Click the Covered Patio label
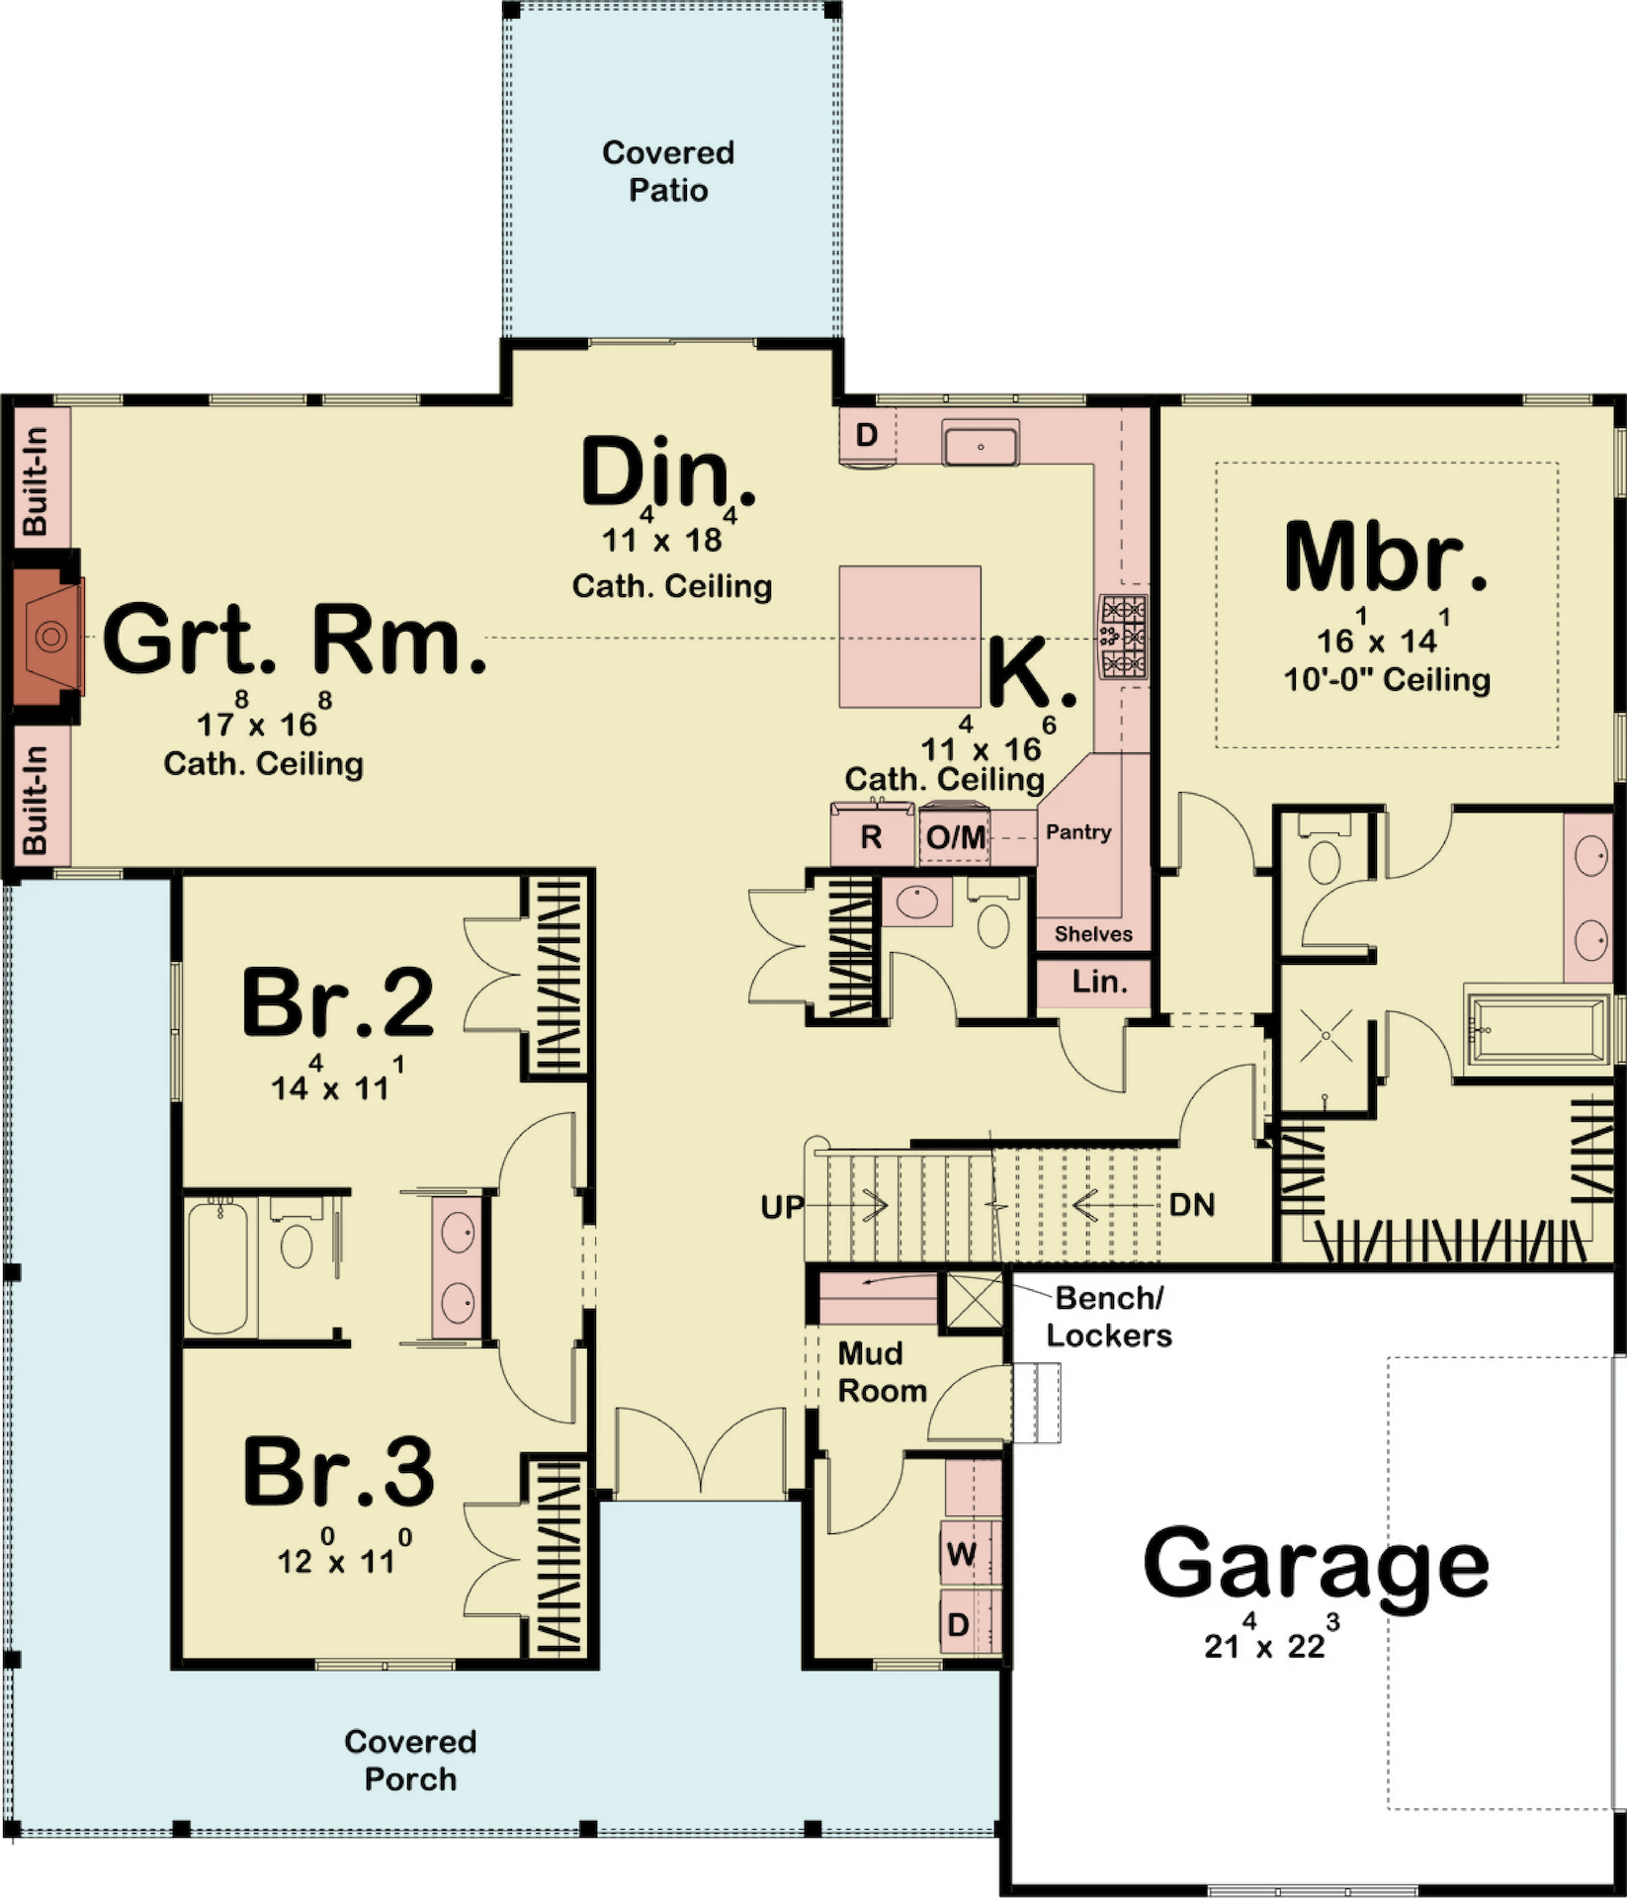(x=668, y=171)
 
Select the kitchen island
(x=910, y=637)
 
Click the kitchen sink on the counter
(x=981, y=442)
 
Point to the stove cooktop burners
(x=1124, y=636)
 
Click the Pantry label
(x=1078, y=832)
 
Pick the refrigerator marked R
(x=871, y=836)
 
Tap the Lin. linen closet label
(x=1099, y=982)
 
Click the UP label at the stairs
(x=782, y=1207)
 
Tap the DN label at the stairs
(x=1192, y=1205)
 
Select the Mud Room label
(x=882, y=1372)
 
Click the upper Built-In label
(x=36, y=480)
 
